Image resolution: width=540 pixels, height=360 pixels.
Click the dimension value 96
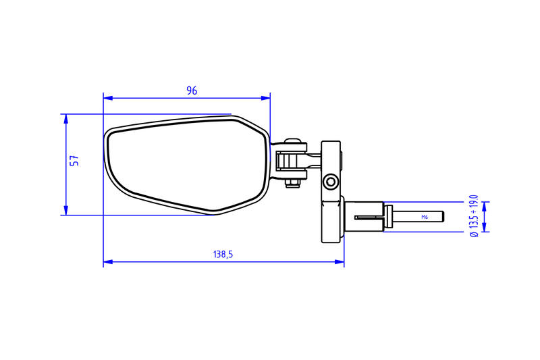point(192,91)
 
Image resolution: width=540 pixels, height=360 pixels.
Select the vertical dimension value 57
point(75,160)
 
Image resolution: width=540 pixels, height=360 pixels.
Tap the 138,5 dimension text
point(223,255)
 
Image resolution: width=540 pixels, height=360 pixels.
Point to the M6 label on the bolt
point(424,217)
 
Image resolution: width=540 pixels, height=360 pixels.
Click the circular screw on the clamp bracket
point(331,182)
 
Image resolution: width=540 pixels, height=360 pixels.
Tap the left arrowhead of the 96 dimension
point(107,98)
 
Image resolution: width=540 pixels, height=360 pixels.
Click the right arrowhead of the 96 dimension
point(266,98)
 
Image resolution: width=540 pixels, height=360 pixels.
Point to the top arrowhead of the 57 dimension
point(65,118)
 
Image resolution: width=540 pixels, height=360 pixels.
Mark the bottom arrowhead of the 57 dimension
point(65,211)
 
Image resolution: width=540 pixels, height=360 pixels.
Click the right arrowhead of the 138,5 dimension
point(340,262)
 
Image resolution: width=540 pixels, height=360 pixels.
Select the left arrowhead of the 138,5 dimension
point(107,262)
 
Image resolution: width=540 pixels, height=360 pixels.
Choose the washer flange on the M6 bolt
point(389,217)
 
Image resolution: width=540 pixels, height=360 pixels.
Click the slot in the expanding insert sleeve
point(369,217)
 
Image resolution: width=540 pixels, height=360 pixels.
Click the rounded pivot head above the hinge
point(292,143)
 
